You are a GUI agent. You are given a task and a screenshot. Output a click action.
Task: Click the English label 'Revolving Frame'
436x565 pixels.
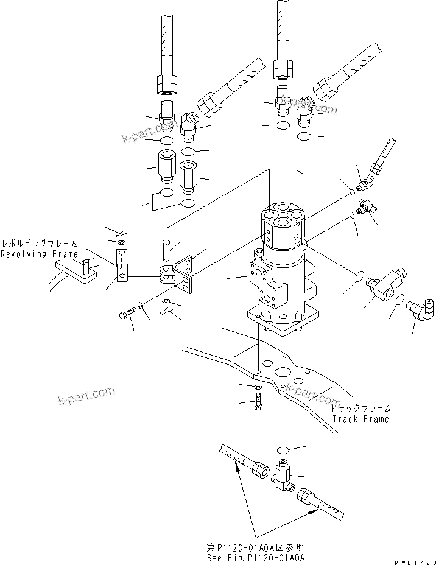click(x=39, y=253)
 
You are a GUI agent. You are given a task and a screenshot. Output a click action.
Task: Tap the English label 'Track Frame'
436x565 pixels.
click(x=360, y=419)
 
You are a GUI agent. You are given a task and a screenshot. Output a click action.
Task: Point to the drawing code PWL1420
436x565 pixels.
click(x=413, y=561)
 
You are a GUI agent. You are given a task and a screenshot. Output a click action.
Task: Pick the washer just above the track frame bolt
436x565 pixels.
click(x=259, y=387)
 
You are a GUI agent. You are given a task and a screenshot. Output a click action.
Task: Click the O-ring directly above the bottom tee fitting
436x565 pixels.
click(x=283, y=450)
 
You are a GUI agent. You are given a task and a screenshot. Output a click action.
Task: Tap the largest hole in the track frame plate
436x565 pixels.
click(x=283, y=370)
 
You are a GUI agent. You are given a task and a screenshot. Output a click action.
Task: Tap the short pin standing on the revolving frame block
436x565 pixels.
click(x=87, y=266)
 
